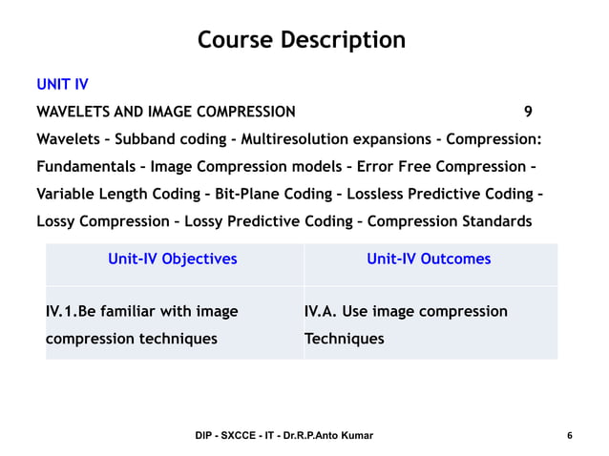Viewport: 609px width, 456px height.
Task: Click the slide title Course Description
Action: (302, 40)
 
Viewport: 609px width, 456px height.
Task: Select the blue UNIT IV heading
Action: (62, 85)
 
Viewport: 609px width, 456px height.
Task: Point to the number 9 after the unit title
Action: (528, 112)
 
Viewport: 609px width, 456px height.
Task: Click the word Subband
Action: (146, 139)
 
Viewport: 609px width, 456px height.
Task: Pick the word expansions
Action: (388, 139)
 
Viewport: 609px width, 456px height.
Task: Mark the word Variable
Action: (67, 195)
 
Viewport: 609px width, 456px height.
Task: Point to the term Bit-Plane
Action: (247, 195)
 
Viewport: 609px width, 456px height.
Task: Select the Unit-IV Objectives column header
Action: (173, 259)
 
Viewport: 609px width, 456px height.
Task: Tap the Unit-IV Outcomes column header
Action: (429, 259)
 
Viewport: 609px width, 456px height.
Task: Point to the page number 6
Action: (570, 436)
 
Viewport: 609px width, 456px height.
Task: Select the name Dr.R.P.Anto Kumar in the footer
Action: (324, 436)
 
